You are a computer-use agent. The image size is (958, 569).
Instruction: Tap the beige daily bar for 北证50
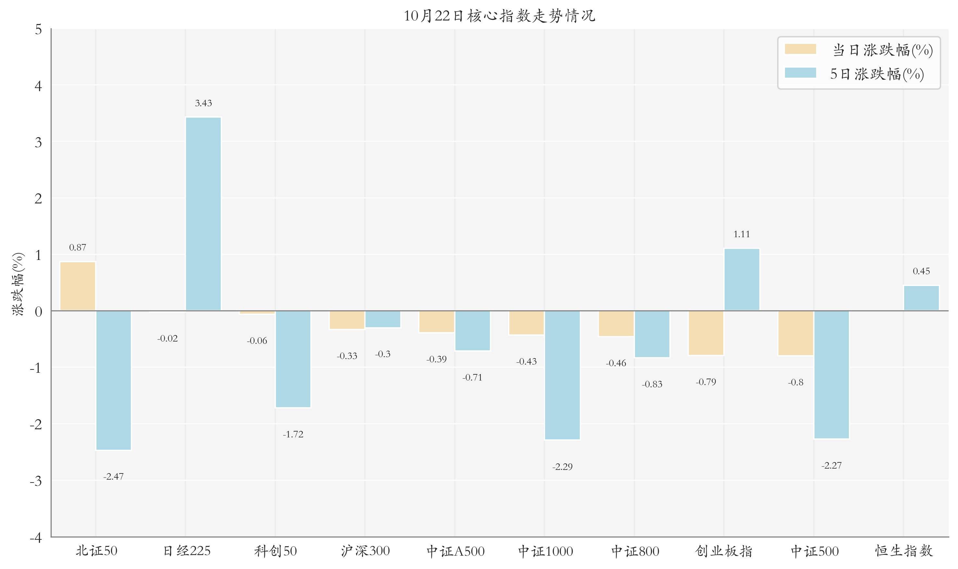tap(78, 286)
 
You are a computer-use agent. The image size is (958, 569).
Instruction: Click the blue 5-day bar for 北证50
tap(113, 380)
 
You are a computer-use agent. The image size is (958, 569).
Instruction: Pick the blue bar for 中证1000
tap(562, 375)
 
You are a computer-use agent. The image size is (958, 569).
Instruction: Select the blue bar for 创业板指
tap(741, 279)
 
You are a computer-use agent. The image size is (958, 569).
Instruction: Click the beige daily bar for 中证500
tap(795, 333)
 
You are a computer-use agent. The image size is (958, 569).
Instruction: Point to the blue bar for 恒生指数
tap(921, 298)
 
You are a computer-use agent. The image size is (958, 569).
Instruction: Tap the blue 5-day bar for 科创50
tap(293, 359)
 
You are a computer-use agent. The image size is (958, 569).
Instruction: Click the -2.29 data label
tap(562, 467)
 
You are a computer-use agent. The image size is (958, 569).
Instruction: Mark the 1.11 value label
tap(741, 234)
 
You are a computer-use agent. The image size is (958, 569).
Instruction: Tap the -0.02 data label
tap(168, 338)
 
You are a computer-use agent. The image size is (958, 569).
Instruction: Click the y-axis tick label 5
tap(38, 30)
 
